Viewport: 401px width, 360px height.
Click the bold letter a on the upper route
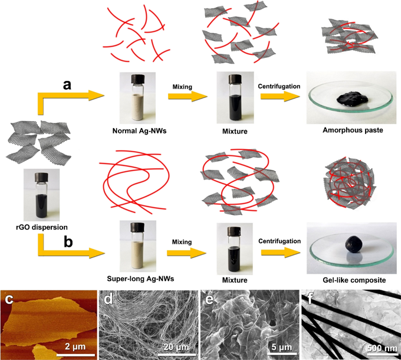(x=68, y=86)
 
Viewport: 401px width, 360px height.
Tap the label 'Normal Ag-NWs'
(x=137, y=130)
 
